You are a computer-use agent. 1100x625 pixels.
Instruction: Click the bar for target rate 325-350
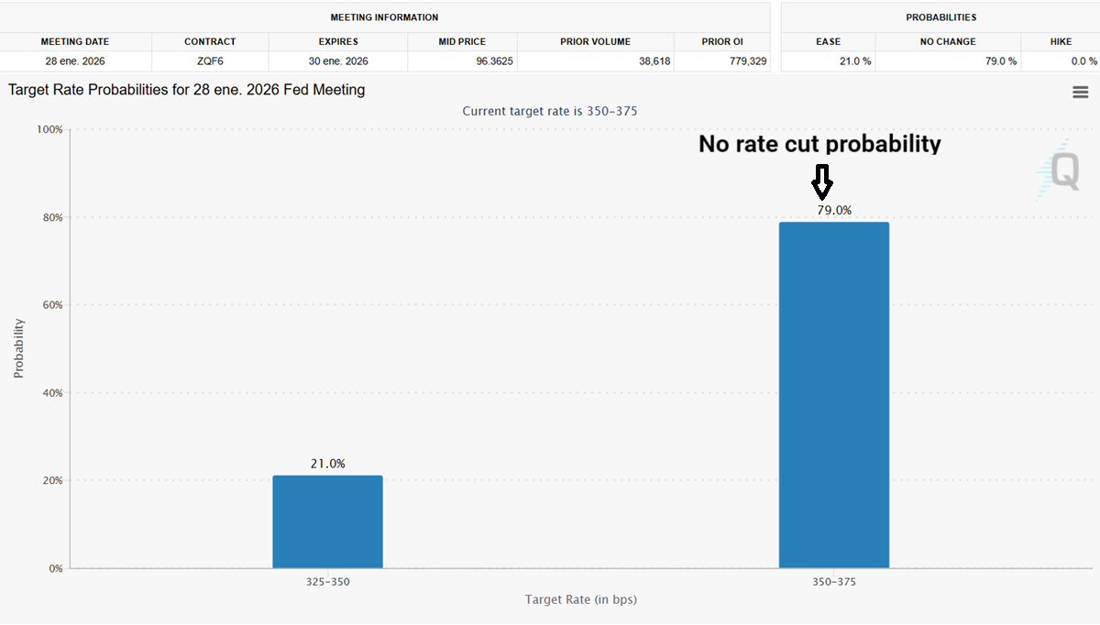pos(327,521)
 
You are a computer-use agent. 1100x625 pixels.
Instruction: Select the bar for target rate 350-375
pos(833,395)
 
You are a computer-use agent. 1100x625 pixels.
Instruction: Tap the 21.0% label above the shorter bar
pos(327,464)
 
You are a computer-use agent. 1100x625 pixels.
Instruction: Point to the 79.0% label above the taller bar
pos(834,210)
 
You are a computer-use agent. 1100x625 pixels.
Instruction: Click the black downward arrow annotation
pos(822,181)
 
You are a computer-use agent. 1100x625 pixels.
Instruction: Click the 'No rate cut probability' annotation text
pos(819,144)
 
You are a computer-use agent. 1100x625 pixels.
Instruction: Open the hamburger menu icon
pos(1080,92)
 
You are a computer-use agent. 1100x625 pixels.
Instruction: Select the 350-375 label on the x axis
pos(833,582)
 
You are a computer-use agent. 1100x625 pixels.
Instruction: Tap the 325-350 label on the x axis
pos(327,582)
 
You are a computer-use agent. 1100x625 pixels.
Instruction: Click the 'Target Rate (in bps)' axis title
pos(580,600)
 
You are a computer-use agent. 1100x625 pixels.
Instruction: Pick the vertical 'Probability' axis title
pos(18,348)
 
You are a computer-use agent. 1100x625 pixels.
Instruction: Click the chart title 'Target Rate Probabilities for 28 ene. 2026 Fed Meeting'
pos(186,90)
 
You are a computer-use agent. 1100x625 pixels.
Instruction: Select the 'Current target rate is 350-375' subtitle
pos(549,111)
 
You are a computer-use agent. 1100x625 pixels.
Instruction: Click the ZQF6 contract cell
pos(210,60)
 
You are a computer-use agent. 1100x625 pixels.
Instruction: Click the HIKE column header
pos(1060,41)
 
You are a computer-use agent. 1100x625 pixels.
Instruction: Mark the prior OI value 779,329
pos(742,60)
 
